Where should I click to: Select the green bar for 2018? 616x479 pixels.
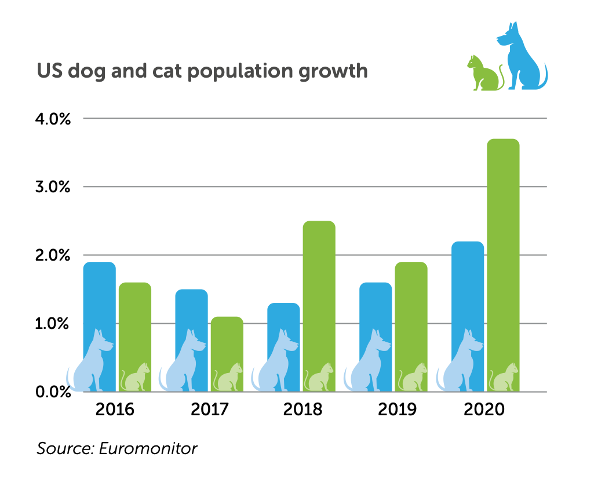319,290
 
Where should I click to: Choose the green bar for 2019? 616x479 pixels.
411,313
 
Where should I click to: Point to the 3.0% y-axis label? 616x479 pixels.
53,187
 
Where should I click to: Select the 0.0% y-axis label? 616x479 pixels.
53,392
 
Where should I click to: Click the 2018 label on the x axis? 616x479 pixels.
302,410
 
